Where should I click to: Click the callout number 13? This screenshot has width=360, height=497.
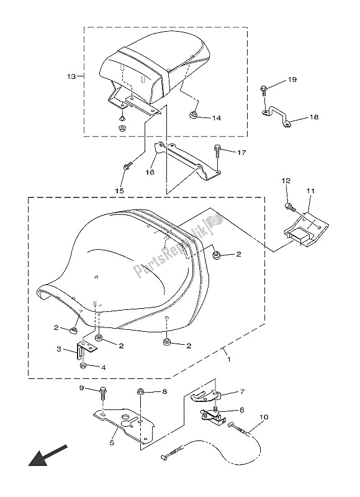71,76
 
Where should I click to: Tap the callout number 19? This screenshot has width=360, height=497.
292,80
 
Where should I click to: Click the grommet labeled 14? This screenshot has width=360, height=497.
194,115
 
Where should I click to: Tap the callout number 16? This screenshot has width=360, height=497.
150,173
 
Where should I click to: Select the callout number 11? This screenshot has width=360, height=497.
310,191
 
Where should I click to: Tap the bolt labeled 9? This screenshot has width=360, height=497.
103,393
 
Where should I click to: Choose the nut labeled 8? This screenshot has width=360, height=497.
141,392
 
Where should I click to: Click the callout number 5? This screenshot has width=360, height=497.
112,443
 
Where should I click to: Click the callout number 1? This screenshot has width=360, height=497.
229,360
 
